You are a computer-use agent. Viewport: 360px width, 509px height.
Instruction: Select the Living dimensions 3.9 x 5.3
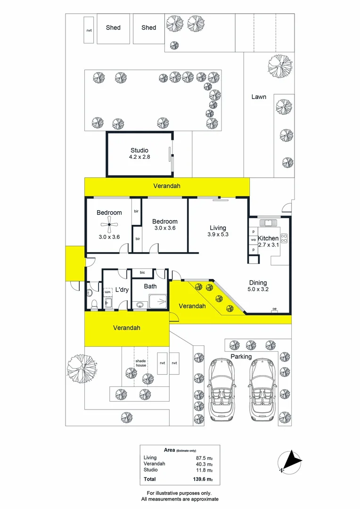(218, 235)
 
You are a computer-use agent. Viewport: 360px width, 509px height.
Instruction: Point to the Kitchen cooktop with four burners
(284, 238)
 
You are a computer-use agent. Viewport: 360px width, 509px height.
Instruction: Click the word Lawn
(258, 97)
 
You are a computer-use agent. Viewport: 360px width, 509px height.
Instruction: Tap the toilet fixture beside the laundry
(93, 304)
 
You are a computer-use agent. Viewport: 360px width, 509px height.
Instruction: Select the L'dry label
(122, 290)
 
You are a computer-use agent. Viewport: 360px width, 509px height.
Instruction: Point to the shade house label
(140, 363)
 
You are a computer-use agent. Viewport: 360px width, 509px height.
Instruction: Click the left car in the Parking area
(223, 389)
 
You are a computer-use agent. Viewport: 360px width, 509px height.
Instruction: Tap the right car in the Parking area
(262, 389)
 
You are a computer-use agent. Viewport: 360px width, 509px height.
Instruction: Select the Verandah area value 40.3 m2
(204, 464)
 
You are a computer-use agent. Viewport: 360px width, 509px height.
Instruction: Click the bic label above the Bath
(142, 272)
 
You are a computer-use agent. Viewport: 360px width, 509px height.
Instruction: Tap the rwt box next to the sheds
(89, 30)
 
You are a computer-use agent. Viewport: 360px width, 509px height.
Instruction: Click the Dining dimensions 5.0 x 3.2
(258, 290)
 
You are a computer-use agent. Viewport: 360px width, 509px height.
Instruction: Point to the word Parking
(241, 356)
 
